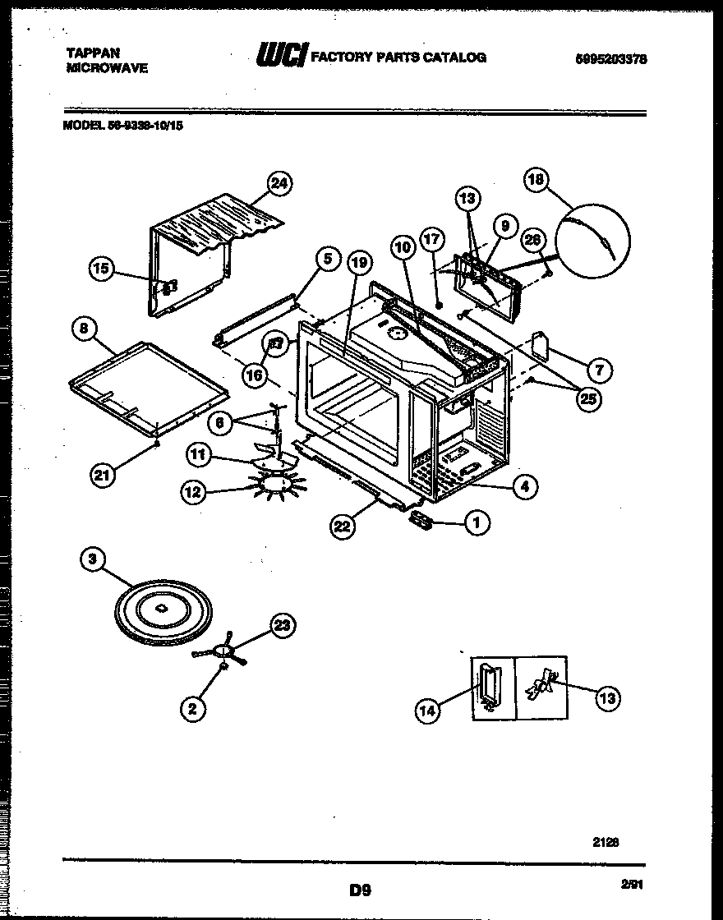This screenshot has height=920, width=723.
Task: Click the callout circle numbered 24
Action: coord(281,184)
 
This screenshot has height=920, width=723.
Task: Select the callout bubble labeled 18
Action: coord(537,181)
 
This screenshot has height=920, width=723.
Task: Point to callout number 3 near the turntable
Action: coord(93,560)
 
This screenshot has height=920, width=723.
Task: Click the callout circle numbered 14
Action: coord(426,712)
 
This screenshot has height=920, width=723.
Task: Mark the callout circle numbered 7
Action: coord(599,370)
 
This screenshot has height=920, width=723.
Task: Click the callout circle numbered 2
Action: coord(192,709)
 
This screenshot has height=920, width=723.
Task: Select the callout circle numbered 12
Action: coord(192,493)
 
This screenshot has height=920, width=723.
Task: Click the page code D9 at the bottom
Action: coord(355,888)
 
